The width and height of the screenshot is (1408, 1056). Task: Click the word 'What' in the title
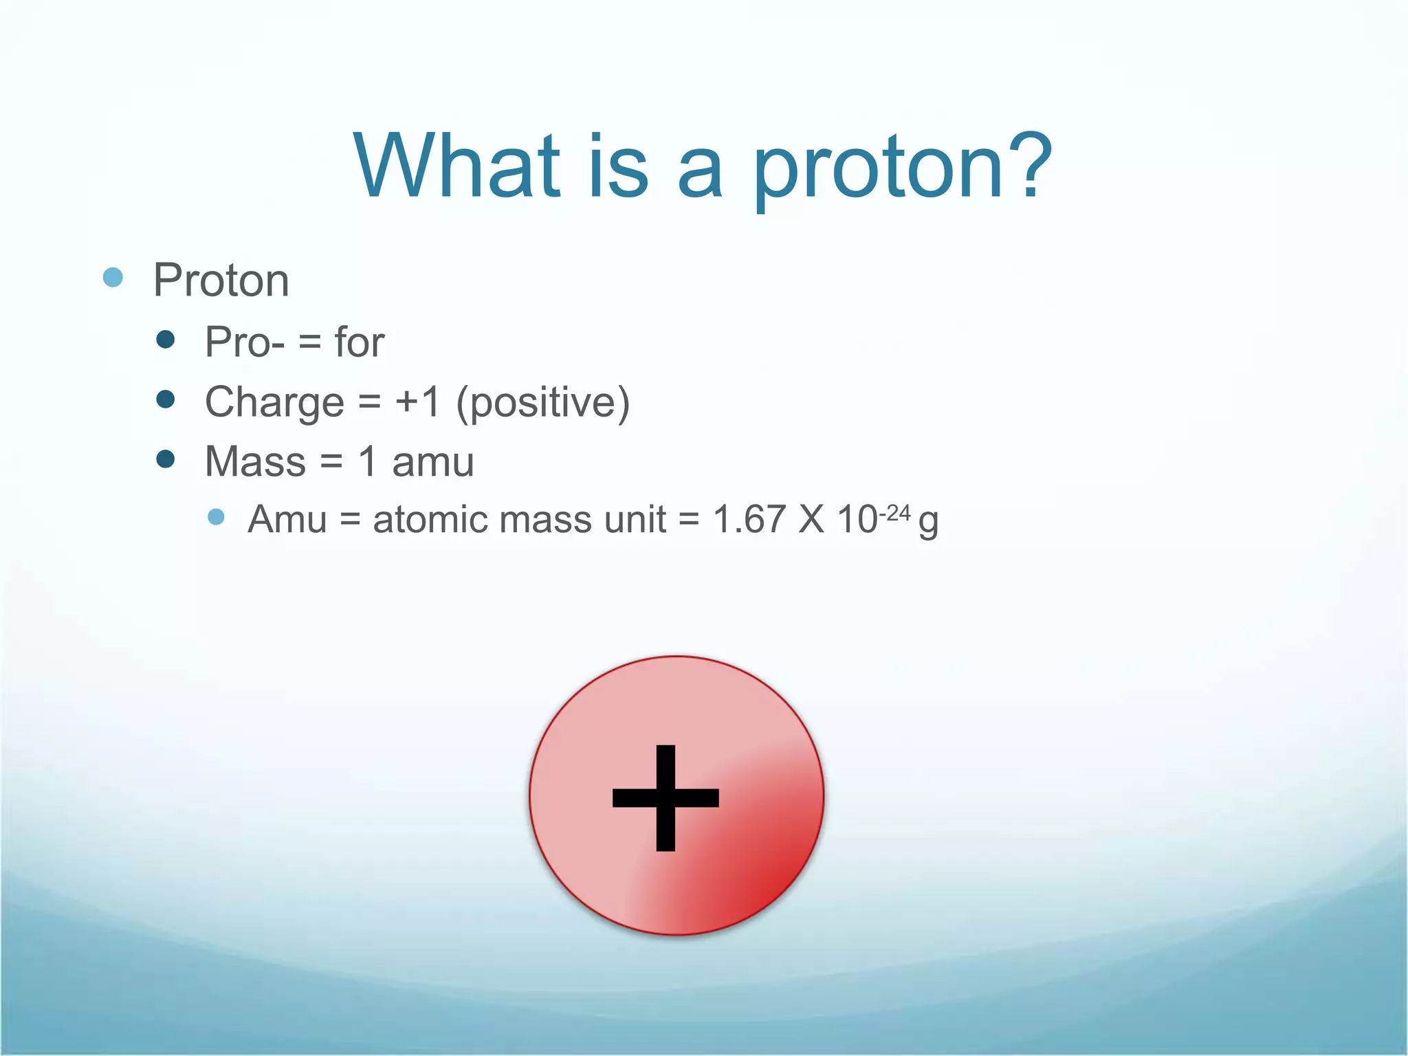coord(456,166)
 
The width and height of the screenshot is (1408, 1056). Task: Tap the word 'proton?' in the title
coord(902,168)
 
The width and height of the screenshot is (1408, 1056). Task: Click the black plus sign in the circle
coord(665,797)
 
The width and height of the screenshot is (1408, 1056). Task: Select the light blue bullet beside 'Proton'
coord(113,278)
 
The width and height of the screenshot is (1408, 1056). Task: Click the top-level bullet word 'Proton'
coord(221,280)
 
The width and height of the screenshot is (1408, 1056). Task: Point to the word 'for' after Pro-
coord(359,342)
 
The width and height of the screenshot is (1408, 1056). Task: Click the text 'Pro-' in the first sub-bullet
coord(245,342)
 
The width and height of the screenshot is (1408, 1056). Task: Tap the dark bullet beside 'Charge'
coord(165,399)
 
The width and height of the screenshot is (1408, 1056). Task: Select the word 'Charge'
coord(274,402)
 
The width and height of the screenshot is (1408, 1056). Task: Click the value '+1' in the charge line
coord(417,401)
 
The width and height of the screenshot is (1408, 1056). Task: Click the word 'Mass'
coord(255,461)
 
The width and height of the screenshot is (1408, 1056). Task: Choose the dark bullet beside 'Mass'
coord(165,459)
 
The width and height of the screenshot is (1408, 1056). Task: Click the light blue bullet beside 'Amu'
coord(216,517)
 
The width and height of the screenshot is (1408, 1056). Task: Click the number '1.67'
coord(749,519)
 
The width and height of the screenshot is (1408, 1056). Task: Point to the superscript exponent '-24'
coord(894,513)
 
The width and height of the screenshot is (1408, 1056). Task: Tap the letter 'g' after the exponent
coord(928,522)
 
